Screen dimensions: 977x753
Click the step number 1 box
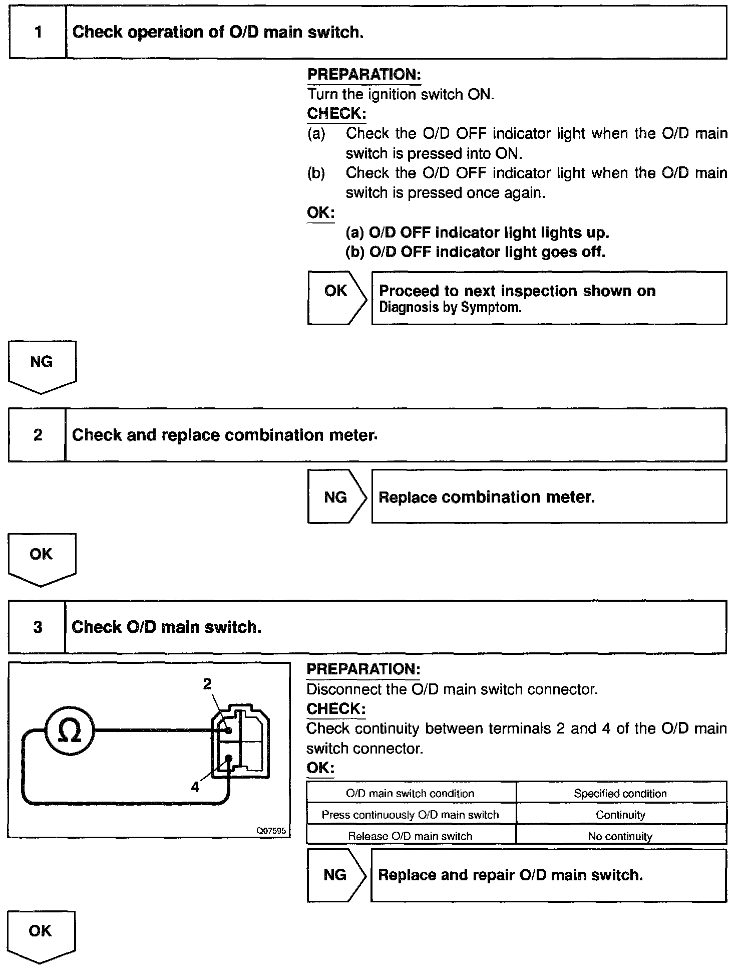tap(38, 33)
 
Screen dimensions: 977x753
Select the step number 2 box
tap(38, 435)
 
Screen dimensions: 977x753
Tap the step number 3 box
tap(38, 627)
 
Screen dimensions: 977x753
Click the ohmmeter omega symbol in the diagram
tap(70, 731)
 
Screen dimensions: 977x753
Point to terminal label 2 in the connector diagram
tap(207, 684)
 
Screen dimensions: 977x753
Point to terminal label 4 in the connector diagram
tap(195, 787)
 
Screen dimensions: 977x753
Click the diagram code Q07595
tap(271, 831)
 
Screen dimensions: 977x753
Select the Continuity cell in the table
tap(620, 815)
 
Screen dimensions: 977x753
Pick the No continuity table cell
tap(620, 836)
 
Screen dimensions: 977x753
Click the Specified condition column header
tap(620, 794)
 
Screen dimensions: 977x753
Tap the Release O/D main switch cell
tap(410, 836)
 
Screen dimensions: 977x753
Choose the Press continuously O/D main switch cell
tap(410, 815)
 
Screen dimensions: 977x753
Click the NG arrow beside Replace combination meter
tap(336, 497)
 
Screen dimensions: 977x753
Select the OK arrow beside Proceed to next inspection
tap(336, 291)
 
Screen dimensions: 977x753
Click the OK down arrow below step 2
tap(41, 556)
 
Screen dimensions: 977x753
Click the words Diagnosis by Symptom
tap(450, 308)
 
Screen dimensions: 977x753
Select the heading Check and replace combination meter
tap(224, 435)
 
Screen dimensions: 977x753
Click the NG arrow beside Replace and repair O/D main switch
tap(335, 875)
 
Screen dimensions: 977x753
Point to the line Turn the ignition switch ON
tap(401, 94)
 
